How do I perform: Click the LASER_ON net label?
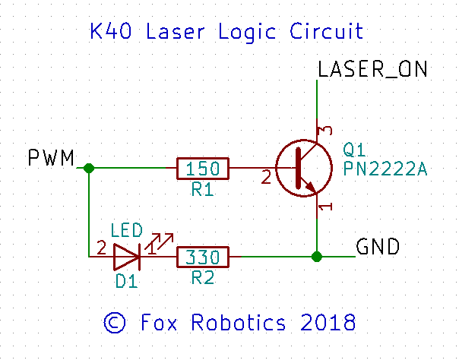point(373,69)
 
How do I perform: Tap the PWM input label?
point(51,159)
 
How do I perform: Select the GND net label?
point(378,247)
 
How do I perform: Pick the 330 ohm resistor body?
point(202,257)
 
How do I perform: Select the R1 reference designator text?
point(202,191)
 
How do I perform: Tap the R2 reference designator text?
point(202,279)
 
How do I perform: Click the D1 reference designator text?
point(126,282)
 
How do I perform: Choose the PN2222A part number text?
point(385,167)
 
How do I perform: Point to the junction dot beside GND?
point(317,257)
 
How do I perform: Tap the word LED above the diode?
point(125,229)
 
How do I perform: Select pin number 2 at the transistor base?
point(266,178)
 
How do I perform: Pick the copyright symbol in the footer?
point(114,322)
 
